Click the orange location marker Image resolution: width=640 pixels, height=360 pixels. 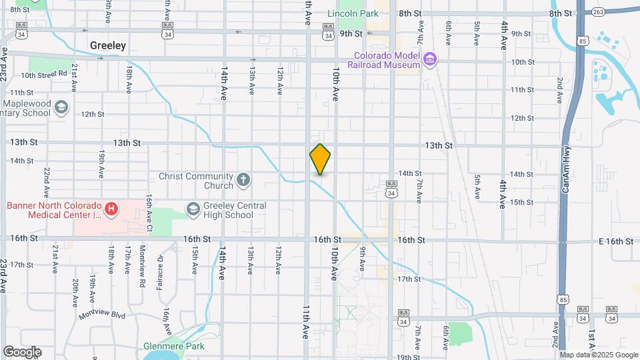click(320, 159)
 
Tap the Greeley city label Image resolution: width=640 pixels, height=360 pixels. click(108, 45)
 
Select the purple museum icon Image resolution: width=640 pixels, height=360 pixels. click(430, 59)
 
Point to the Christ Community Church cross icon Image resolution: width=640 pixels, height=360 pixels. click(243, 179)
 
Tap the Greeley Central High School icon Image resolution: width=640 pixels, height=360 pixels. click(193, 208)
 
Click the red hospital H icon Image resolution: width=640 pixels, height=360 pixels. click(111, 209)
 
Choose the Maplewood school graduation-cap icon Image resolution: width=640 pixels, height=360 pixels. click(61, 107)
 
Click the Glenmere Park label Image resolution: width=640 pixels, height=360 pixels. click(173, 346)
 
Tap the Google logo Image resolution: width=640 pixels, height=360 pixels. click(22, 351)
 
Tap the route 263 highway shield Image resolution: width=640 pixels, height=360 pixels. click(598, 11)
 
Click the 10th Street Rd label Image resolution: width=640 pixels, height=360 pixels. click(44, 74)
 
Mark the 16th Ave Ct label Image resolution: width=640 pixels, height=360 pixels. click(150, 213)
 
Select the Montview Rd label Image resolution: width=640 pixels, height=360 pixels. click(142, 257)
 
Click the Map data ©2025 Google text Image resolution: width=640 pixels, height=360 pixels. click(597, 355)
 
